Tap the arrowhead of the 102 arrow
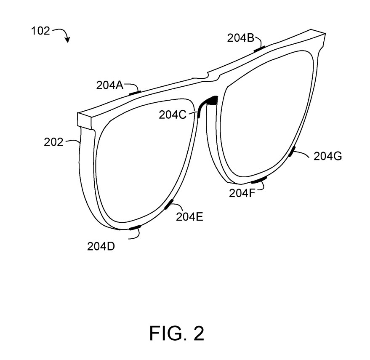[x=67, y=40]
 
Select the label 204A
[x=109, y=85]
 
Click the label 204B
[x=241, y=38]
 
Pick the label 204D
[x=101, y=247]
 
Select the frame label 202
[x=54, y=142]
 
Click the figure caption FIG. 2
[x=176, y=333]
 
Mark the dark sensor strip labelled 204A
[x=135, y=91]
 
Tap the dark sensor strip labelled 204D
[x=135, y=228]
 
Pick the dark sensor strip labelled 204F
[x=259, y=181]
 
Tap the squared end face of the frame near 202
[x=85, y=121]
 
